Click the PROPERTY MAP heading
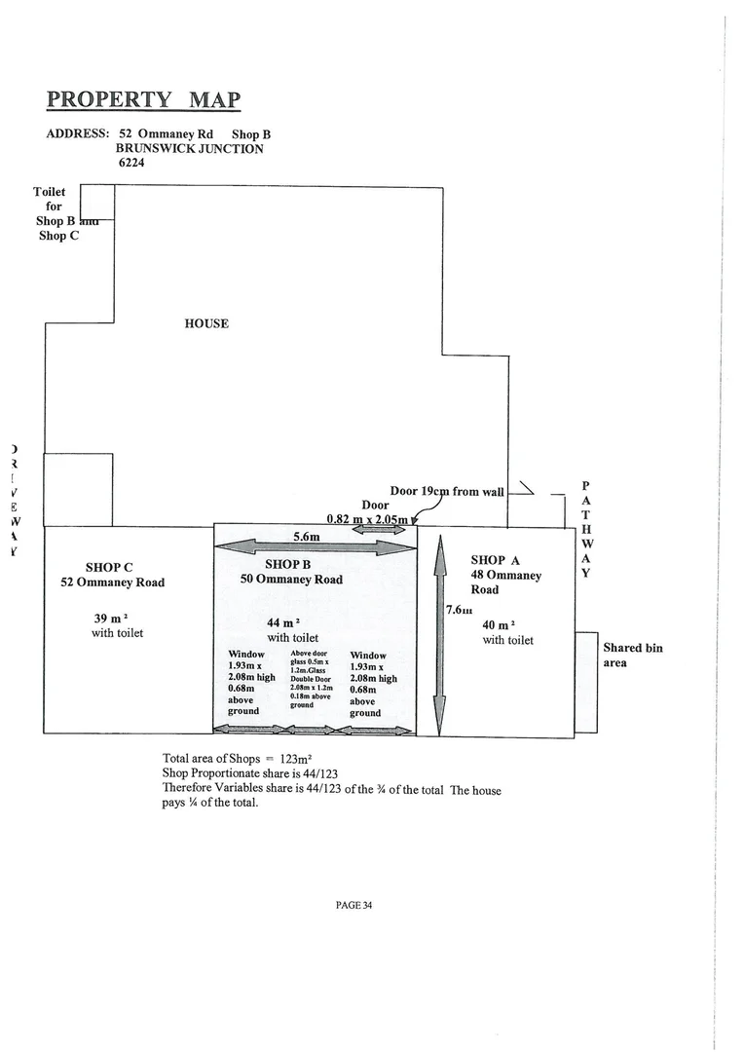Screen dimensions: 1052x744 [143, 100]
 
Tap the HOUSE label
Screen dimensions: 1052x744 [206, 323]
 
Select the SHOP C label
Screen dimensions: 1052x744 [109, 567]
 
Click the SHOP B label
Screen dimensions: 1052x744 [287, 564]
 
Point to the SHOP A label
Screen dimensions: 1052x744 [496, 560]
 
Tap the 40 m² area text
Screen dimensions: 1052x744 [498, 624]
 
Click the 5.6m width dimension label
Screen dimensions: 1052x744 [307, 536]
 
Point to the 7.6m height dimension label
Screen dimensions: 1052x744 [459, 610]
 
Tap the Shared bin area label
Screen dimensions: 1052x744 [633, 655]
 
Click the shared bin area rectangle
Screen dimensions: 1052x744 [585, 682]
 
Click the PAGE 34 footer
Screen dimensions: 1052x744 [353, 905]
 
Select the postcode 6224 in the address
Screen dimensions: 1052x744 [131, 164]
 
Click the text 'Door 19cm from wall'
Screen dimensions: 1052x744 [446, 492]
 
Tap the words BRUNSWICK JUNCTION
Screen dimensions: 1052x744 [189, 149]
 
